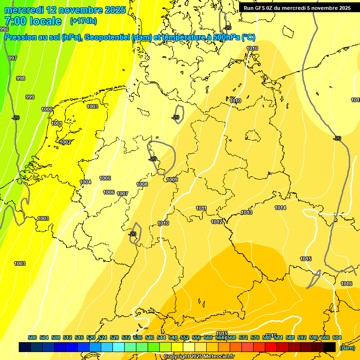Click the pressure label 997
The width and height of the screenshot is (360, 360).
point(13,58)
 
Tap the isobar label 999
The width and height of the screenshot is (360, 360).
point(30,97)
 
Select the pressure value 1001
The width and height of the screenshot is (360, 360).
point(57,123)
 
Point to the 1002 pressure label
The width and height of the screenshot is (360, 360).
point(65,142)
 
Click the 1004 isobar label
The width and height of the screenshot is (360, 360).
point(85,182)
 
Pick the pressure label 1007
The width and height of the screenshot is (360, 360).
point(122,194)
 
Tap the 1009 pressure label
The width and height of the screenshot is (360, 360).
point(172,180)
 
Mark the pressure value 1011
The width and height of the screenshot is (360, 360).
point(202,208)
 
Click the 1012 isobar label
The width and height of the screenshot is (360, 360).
point(217,222)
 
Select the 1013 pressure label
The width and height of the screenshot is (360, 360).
point(247,212)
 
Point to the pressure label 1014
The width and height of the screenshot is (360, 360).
point(280,208)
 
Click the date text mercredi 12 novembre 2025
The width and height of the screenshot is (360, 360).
point(65,10)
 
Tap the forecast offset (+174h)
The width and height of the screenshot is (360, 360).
point(83,21)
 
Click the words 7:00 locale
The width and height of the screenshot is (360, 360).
point(33,21)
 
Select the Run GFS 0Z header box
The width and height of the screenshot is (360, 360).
point(297,8)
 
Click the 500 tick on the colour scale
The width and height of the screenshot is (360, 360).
point(32,337)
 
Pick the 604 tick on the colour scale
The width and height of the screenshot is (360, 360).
point(337,337)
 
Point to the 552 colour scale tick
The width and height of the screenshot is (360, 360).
point(185,337)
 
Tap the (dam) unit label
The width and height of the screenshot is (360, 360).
point(347,348)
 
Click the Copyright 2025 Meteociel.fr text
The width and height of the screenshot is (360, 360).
point(199,356)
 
